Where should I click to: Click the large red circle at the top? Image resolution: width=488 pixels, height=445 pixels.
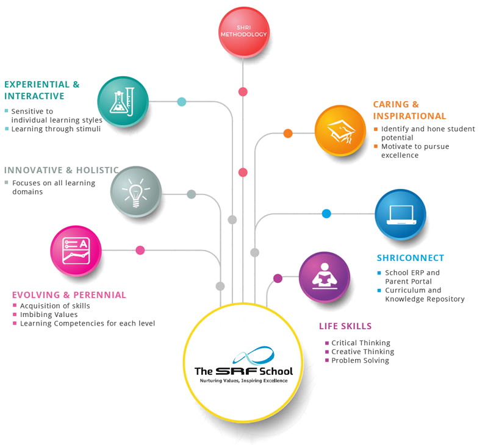(x=245, y=32)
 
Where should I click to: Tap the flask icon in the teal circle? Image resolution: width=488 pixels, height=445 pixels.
(x=123, y=101)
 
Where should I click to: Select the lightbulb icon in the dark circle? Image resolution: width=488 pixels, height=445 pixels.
(x=135, y=191)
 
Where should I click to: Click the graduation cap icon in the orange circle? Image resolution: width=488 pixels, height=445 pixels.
(x=340, y=129)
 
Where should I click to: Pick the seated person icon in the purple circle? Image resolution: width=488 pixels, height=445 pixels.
(x=325, y=277)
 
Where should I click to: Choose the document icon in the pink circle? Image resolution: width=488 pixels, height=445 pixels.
(x=76, y=250)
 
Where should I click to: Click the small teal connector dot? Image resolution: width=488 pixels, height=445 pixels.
(x=181, y=102)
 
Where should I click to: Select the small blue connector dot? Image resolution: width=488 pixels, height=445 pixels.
(x=326, y=213)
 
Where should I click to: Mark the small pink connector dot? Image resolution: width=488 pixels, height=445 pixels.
(x=140, y=249)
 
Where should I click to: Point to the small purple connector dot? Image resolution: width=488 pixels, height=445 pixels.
(x=278, y=278)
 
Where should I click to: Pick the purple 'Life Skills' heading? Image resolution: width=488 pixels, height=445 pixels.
(x=344, y=327)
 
